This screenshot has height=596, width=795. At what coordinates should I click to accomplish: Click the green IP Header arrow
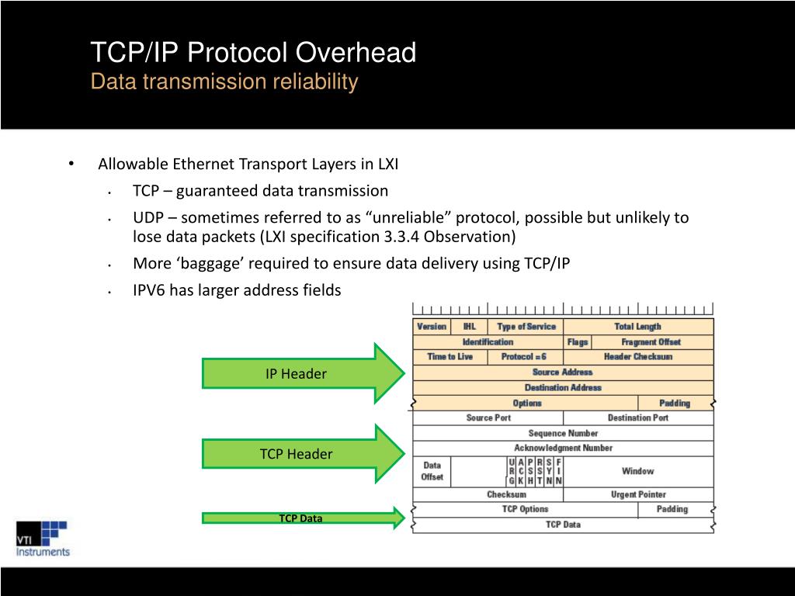(303, 373)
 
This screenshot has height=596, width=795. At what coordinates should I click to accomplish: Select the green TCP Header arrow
(303, 454)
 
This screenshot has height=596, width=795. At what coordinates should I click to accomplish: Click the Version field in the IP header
(432, 327)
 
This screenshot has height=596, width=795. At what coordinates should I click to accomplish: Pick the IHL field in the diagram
(470, 327)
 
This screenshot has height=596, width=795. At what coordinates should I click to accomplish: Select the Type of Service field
(526, 327)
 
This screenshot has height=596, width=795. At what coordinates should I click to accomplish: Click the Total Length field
(637, 327)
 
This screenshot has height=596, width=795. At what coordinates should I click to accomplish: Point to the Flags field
(578, 341)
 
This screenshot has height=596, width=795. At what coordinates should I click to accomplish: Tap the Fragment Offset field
(651, 341)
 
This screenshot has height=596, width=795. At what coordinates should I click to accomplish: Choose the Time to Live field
(450, 357)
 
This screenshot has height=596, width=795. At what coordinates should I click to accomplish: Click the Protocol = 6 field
(524, 357)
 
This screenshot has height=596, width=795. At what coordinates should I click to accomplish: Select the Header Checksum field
(637, 357)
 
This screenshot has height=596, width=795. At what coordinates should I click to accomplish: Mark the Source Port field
(488, 418)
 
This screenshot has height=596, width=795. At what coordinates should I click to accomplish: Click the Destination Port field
(637, 418)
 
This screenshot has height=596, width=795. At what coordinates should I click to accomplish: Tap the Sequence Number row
(563, 433)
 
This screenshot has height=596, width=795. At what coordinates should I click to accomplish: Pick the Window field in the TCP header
(637, 471)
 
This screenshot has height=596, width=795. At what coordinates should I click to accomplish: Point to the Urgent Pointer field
(637, 494)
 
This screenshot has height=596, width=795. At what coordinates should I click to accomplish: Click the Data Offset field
(432, 471)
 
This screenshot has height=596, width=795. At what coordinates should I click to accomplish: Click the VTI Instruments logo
(43, 538)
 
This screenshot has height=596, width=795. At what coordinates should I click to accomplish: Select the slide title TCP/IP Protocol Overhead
(253, 53)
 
